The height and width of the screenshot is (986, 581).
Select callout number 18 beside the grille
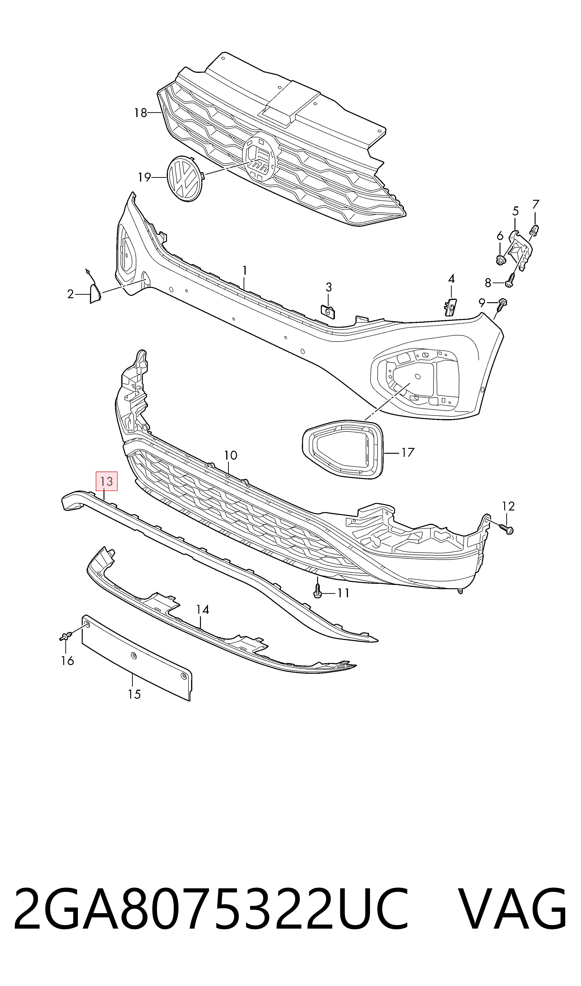[140, 113]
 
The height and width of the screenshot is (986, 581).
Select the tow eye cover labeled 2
[95, 294]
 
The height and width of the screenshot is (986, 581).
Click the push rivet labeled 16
[65, 636]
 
